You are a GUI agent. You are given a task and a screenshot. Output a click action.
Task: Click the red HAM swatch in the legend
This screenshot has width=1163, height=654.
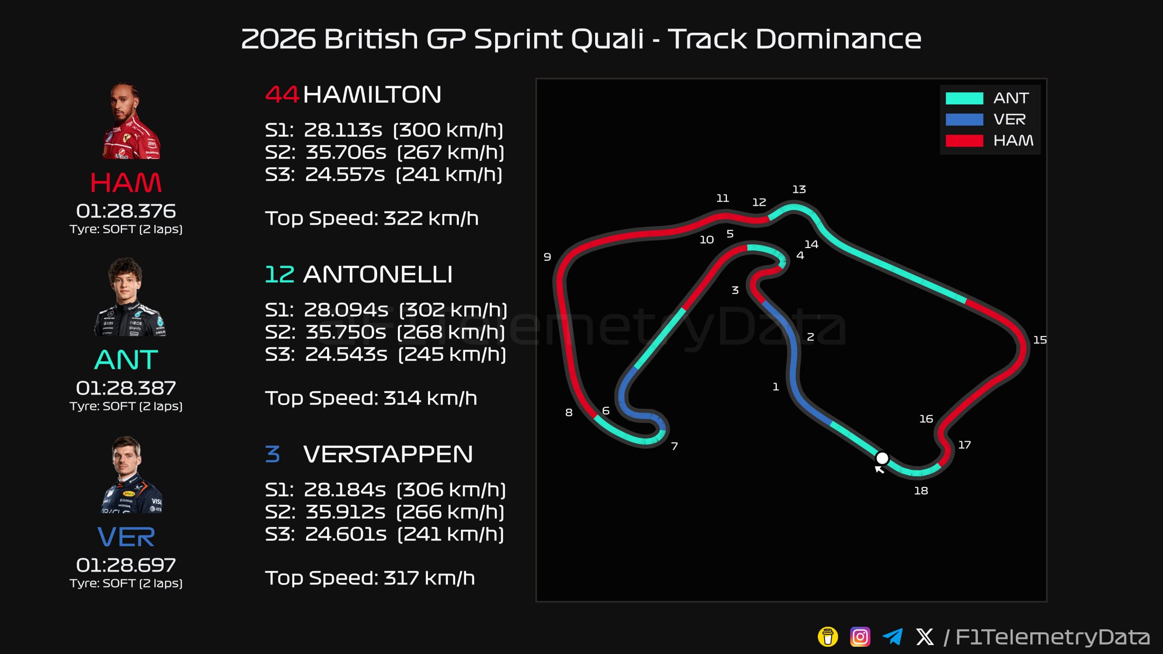coord(964,141)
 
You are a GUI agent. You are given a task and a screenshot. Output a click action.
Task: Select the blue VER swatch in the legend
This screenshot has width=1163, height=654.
coord(964,119)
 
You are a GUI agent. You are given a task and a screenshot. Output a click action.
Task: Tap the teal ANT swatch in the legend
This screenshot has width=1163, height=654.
coord(964,98)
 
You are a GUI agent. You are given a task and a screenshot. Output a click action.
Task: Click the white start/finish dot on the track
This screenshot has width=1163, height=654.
coord(882,458)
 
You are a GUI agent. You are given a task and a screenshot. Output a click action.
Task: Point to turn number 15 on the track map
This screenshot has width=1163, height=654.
coord(1040,340)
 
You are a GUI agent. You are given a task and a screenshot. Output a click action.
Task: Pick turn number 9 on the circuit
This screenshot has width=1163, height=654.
coord(547,257)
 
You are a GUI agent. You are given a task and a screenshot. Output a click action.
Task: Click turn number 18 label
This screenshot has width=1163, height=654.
coord(921,490)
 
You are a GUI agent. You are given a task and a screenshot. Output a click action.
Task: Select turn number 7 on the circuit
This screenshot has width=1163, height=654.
coord(675,446)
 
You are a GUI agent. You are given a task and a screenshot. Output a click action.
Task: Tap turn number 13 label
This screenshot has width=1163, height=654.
coord(799,189)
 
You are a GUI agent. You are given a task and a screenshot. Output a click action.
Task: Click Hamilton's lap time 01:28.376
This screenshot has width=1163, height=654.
coord(126,211)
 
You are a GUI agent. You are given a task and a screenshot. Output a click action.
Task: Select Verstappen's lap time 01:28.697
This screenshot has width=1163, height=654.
coord(126,565)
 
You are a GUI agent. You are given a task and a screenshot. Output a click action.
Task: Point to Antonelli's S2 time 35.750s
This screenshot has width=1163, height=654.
coord(346,332)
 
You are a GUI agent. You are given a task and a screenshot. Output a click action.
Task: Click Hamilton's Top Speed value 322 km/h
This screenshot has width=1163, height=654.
coord(431,218)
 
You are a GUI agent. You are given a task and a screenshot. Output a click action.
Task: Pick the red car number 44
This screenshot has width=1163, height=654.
coord(282,94)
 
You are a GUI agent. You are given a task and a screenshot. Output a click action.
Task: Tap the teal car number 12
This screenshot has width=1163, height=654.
coord(279,274)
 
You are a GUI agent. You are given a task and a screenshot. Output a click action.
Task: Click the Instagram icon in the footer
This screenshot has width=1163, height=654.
coord(860,637)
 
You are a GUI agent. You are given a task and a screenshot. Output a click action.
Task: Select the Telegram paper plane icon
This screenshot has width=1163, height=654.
coord(892,637)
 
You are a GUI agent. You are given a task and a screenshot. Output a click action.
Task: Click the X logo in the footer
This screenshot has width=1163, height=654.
coord(925,637)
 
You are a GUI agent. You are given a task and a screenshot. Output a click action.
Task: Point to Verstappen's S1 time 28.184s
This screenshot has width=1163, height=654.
coord(345,490)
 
